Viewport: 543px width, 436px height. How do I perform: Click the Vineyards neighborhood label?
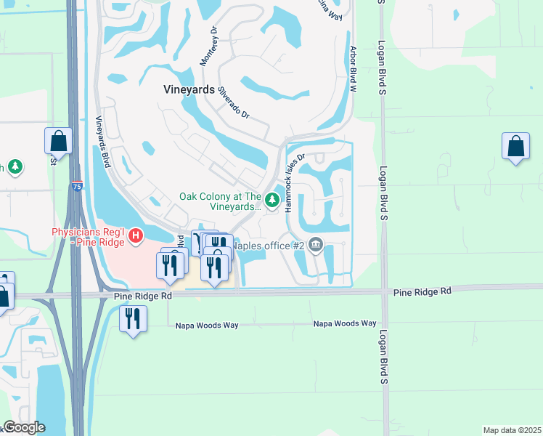(187, 90)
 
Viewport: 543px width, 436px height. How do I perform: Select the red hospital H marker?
(135, 235)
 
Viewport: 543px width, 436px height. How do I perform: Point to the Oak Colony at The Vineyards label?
(221, 201)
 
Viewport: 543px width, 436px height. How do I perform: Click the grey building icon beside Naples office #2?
(315, 245)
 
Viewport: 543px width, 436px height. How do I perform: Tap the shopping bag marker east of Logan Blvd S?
(515, 146)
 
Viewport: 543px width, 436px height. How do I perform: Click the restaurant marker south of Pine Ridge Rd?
(133, 319)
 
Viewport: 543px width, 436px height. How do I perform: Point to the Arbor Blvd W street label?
(354, 69)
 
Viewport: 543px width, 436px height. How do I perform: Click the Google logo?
(23, 427)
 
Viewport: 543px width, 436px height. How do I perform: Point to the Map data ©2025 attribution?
(512, 430)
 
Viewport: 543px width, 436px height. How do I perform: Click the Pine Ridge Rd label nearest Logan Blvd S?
(422, 291)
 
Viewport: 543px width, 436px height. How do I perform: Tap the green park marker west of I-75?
(15, 167)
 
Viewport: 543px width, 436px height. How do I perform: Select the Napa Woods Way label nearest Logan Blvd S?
(345, 323)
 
